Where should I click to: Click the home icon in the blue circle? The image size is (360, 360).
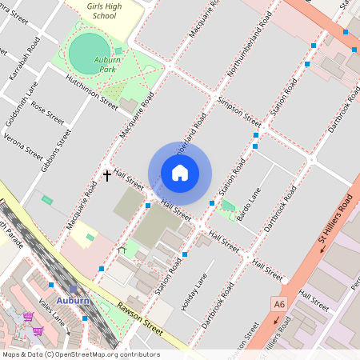[180, 173]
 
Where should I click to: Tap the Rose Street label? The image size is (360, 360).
[47, 117]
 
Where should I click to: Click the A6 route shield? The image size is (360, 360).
[278, 304]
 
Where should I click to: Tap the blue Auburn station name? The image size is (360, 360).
[73, 302]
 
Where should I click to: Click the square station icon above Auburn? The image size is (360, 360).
[74, 290]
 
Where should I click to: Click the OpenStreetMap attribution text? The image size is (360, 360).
[81, 354]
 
